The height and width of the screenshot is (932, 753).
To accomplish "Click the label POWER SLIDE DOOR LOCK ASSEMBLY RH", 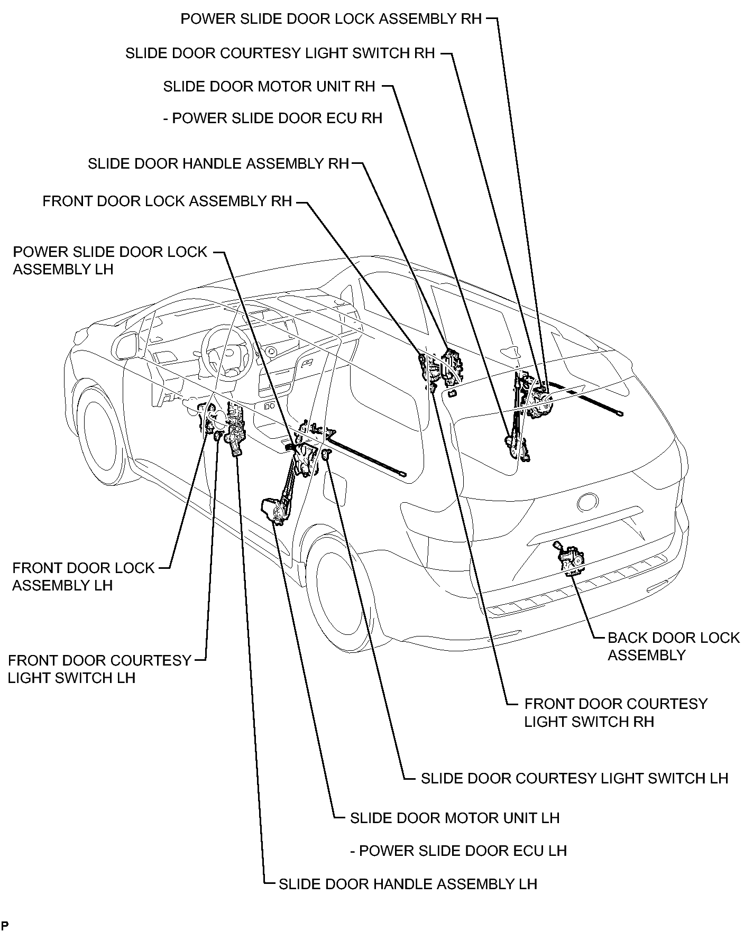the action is [x=332, y=19].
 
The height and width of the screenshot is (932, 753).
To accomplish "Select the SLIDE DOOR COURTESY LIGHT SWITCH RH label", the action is [x=280, y=53].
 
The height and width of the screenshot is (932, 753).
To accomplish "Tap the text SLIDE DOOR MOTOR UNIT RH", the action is [x=269, y=87].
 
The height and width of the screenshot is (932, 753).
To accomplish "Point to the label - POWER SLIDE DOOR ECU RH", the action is [x=273, y=118].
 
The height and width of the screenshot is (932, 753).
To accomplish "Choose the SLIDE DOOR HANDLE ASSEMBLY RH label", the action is [x=218, y=164].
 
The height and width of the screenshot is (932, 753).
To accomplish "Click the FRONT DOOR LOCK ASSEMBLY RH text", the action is [x=167, y=201].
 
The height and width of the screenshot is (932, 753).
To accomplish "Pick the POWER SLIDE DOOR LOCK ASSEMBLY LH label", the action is [x=110, y=260].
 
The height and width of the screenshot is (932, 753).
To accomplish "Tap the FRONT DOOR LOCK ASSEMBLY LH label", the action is [x=83, y=577].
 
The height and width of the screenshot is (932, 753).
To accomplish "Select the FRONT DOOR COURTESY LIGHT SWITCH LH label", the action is [x=99, y=669].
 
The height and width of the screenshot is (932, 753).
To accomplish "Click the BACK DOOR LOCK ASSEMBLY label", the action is [x=674, y=646].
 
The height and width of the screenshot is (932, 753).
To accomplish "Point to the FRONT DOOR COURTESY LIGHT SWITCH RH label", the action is [x=616, y=713].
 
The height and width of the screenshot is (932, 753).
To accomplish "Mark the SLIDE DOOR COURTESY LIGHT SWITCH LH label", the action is [x=575, y=778].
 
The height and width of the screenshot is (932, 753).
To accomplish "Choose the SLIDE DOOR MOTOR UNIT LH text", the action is [x=455, y=818].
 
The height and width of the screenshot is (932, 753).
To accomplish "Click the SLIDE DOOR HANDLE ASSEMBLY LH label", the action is [x=408, y=884].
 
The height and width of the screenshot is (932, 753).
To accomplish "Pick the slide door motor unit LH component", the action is [x=275, y=511].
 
